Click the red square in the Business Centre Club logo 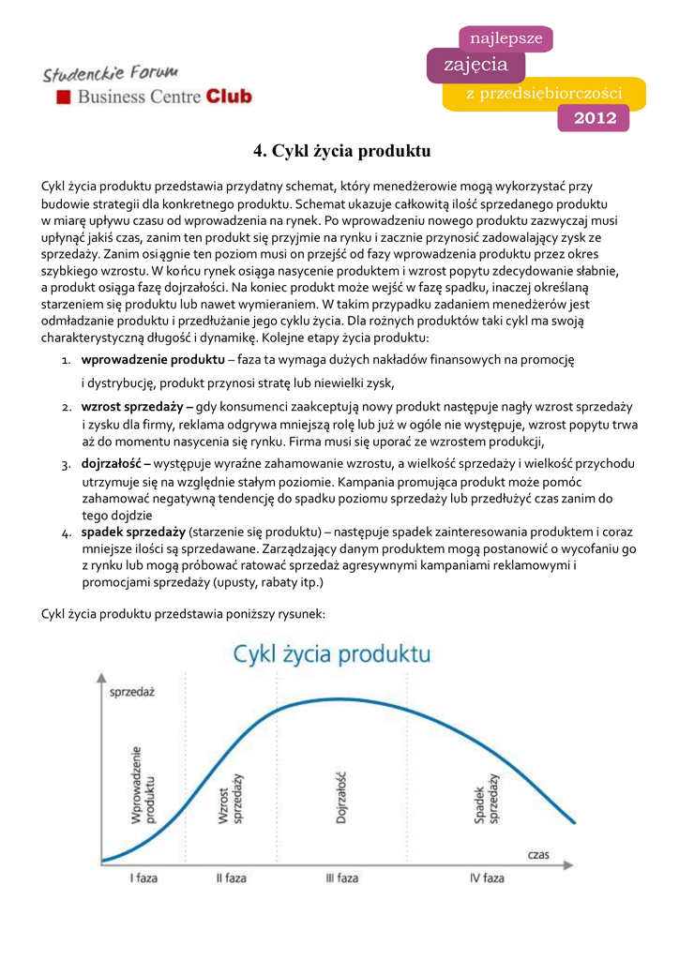point(64,97)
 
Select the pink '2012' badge point(595,118)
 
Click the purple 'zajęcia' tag point(475,66)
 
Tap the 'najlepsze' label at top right point(505,38)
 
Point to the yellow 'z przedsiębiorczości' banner point(544,93)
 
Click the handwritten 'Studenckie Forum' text point(112,72)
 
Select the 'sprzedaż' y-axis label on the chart point(132,692)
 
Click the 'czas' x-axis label point(538,854)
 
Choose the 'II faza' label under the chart point(232,878)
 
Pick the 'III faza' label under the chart point(342,878)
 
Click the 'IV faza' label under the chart point(487,878)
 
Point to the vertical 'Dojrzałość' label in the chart point(342,798)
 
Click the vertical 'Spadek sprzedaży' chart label point(486,799)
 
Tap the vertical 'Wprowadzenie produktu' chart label point(143,785)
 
